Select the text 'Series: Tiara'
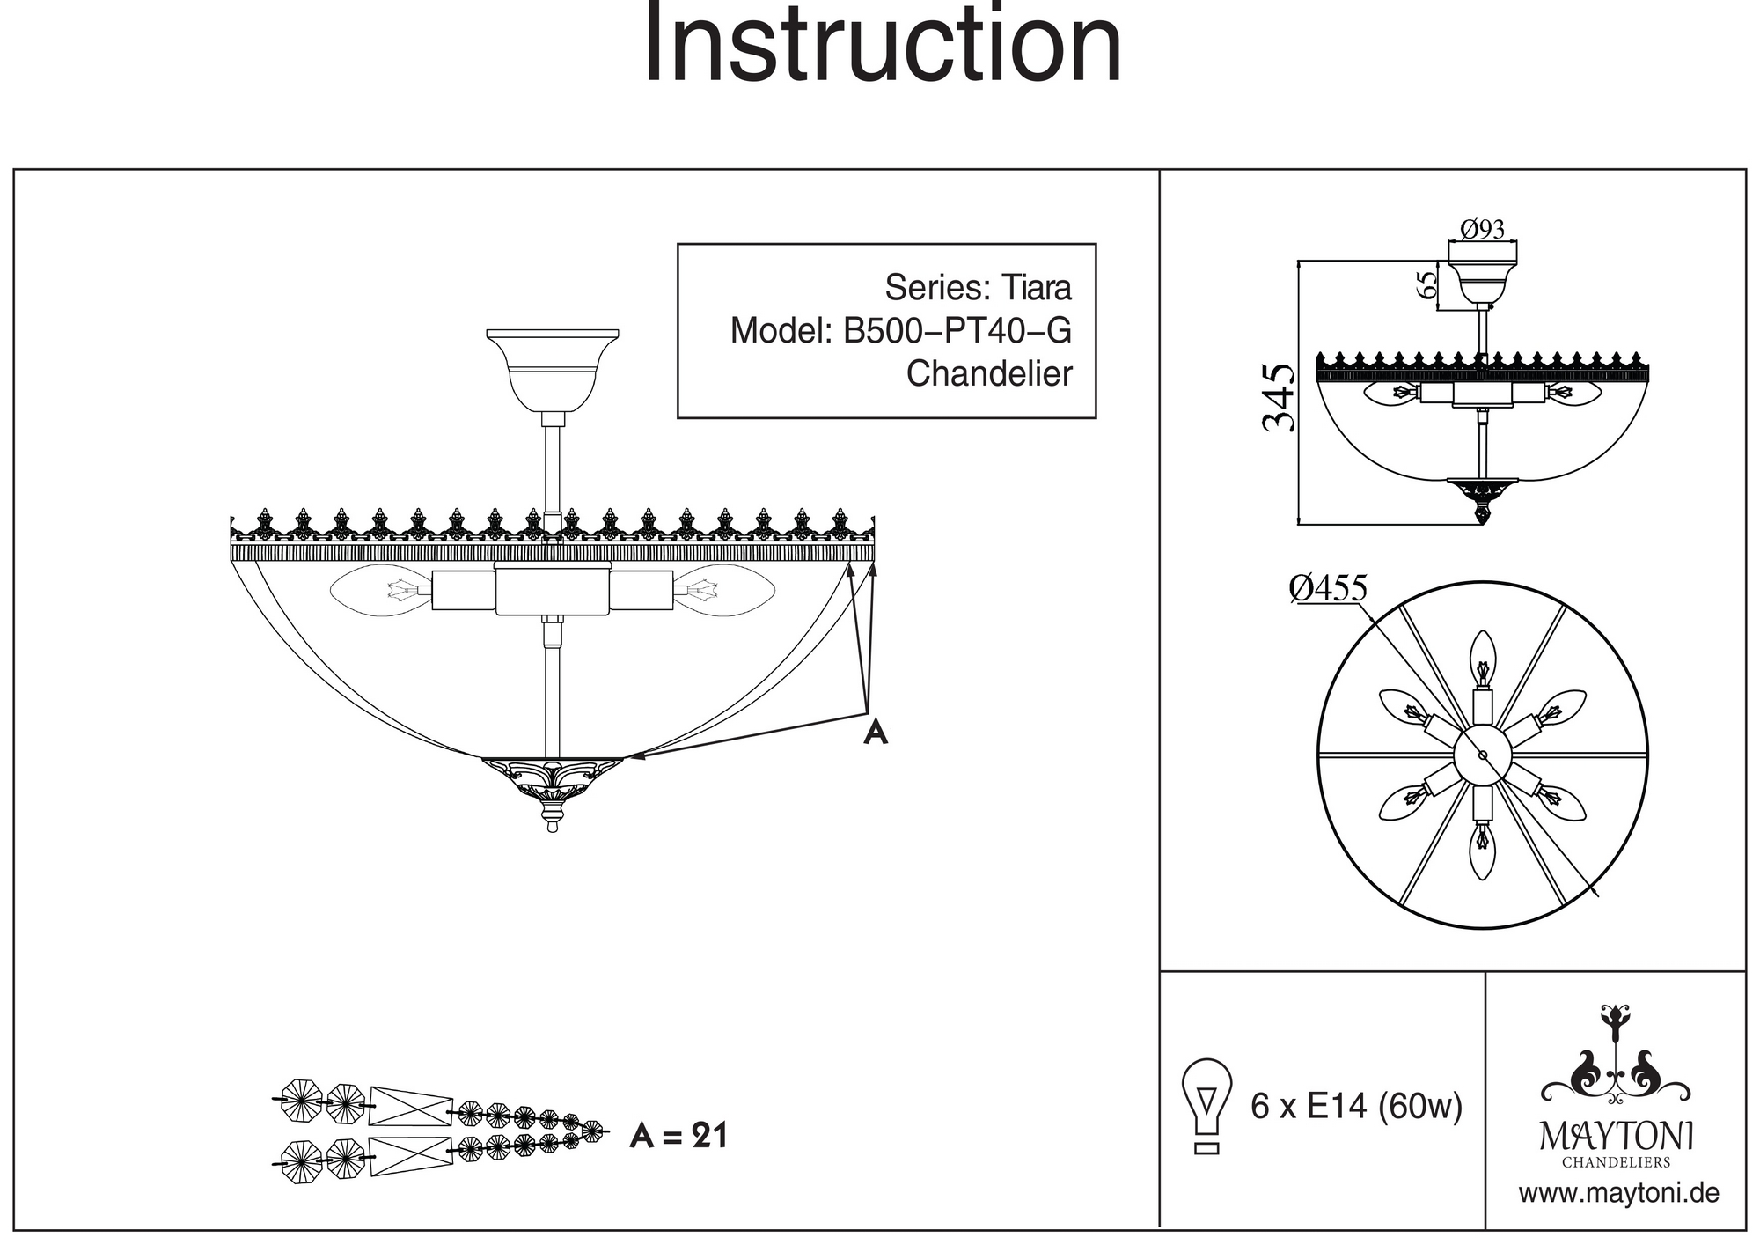[x=978, y=288]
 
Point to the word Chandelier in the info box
[x=989, y=374]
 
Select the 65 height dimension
[x=1426, y=284]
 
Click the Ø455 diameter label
[x=1328, y=588]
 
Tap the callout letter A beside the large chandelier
[x=875, y=732]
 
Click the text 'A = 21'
[x=678, y=1137]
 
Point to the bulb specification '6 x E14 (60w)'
[x=1356, y=1106]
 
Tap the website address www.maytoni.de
[x=1618, y=1194]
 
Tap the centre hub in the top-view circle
[x=1483, y=755]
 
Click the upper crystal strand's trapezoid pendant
[x=410, y=1106]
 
